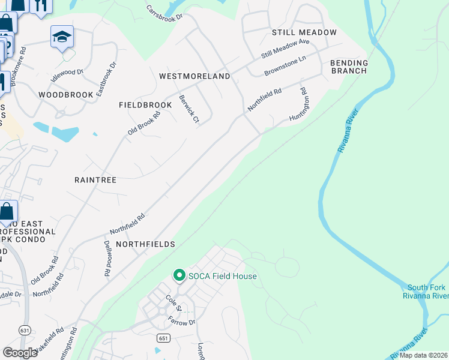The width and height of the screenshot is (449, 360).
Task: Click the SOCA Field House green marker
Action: coord(179,276)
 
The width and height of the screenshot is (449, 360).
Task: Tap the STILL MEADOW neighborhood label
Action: coord(304,32)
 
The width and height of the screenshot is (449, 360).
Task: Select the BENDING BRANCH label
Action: coord(349,67)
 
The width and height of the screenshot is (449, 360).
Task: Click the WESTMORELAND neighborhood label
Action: coord(194,76)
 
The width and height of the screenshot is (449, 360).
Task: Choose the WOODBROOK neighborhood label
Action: coord(66,95)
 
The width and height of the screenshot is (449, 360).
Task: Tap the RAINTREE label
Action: coord(95,179)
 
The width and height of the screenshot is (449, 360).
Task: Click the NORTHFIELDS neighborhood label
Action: coord(145,244)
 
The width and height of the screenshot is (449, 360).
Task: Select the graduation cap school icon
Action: coord(62,37)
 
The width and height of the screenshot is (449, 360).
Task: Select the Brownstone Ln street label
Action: coord(285,66)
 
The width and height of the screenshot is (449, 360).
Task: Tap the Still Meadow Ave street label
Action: coord(285,49)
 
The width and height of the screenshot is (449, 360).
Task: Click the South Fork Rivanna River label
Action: coord(427,292)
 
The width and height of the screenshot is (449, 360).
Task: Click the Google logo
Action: coord(20,353)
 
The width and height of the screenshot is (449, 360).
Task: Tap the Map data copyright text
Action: coord(424,355)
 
